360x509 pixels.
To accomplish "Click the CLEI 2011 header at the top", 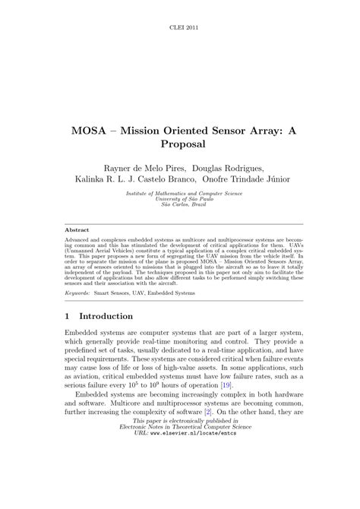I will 180,27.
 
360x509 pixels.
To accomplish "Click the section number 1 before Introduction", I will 68,316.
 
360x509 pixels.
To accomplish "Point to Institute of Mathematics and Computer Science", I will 180,193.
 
